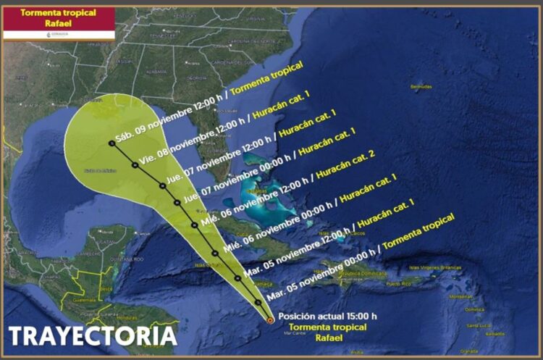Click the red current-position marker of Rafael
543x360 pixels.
pyautogui.click(x=270, y=319)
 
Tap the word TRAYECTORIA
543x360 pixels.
pyautogui.click(x=93, y=335)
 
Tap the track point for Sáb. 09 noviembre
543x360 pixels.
pyautogui.click(x=112, y=143)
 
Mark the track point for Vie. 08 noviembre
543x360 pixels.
pyautogui.click(x=135, y=165)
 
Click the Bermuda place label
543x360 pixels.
pyautogui.click(x=421, y=87)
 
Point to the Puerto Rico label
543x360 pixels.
pyautogui.click(x=397, y=284)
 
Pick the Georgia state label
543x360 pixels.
pyautogui.click(x=195, y=77)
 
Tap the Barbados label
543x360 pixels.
pyautogui.click(x=496, y=334)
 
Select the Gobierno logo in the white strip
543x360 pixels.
pyautogui.click(x=58, y=34)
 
